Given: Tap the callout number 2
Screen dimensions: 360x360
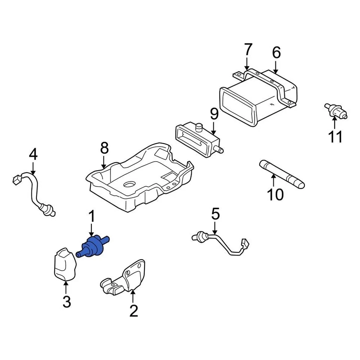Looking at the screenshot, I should coord(133,310).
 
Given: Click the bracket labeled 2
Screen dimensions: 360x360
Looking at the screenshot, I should coord(126,279).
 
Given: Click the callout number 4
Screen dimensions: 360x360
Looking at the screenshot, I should coord(33,154).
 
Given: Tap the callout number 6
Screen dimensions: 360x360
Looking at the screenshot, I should coord(276,53).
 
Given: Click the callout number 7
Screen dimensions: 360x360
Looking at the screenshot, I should coord(248,49).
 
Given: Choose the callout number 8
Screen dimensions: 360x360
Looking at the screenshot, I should coord(104,148).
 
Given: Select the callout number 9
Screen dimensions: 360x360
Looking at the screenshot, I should coord(214,114).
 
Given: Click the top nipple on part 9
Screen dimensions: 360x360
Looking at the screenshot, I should coord(200,126).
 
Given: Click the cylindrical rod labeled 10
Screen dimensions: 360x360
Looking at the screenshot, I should coord(281,174).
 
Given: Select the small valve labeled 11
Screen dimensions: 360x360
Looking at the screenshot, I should coord(335,111).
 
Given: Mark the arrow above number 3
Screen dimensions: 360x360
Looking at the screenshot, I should coord(66,288).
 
